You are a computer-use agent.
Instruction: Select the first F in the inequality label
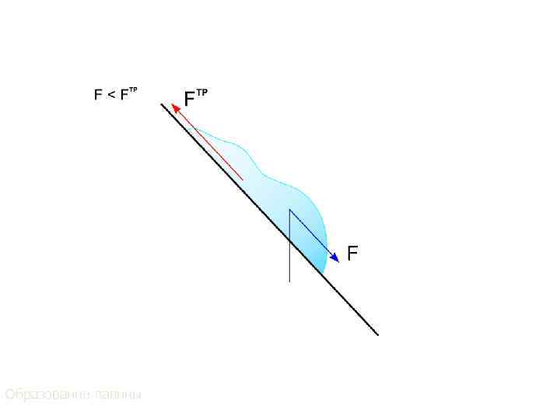click(x=98, y=95)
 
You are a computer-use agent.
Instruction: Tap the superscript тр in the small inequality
click(x=133, y=91)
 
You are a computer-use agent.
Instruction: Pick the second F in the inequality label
click(x=123, y=95)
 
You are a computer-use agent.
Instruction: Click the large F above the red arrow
click(x=189, y=100)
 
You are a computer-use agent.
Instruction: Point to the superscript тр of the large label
click(x=201, y=93)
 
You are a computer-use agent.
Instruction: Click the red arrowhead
click(x=177, y=110)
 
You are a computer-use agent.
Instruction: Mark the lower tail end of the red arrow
click(x=243, y=180)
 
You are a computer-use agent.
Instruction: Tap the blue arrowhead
click(x=334, y=257)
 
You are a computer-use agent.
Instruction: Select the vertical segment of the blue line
click(x=289, y=233)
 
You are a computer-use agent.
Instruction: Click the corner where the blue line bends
click(x=289, y=209)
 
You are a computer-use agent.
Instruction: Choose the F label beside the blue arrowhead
click(x=352, y=254)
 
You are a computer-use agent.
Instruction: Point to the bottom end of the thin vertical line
click(x=289, y=280)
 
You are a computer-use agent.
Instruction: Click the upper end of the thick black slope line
click(x=163, y=105)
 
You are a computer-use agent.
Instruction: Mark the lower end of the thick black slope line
click(x=377, y=334)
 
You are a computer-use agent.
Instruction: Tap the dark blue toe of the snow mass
click(x=320, y=261)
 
